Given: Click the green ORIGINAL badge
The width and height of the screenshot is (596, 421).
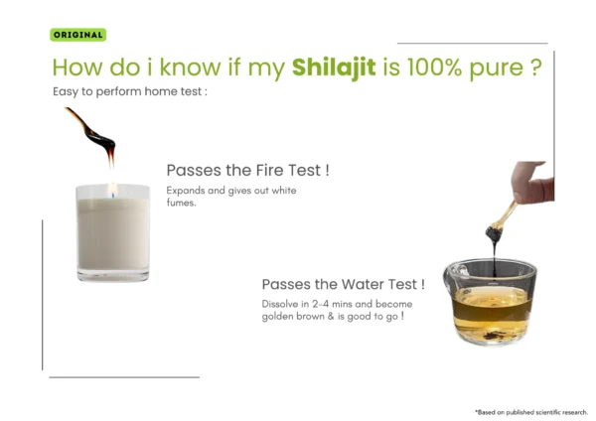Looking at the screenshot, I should tap(77, 35).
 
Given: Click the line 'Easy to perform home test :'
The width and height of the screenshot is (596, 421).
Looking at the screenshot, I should tap(130, 92).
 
